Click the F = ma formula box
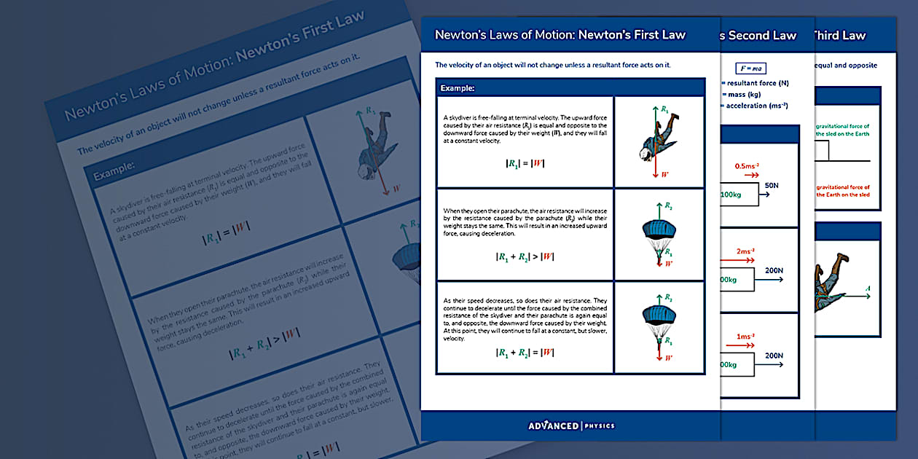click(x=750, y=68)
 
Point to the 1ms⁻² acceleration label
click(x=744, y=337)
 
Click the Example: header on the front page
click(x=458, y=88)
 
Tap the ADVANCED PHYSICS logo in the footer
click(x=571, y=425)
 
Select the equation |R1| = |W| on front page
click(x=525, y=163)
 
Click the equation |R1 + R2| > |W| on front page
click(x=525, y=256)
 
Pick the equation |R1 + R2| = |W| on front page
click(x=525, y=352)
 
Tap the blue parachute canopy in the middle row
click(x=660, y=228)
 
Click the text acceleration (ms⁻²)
click(x=757, y=106)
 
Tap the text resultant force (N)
click(x=758, y=83)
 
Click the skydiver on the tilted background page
click(x=377, y=145)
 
